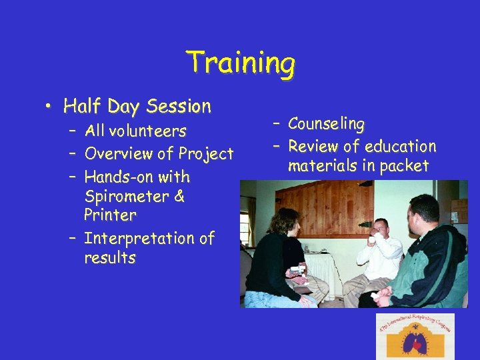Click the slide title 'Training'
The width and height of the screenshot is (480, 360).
241,63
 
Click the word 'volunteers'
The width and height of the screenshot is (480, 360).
149,131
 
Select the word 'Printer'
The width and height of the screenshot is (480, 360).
110,215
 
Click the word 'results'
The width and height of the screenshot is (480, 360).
110,258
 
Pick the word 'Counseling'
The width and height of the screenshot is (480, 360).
327,124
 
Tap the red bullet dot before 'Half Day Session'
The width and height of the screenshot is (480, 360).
51,107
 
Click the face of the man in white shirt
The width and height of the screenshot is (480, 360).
381,231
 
